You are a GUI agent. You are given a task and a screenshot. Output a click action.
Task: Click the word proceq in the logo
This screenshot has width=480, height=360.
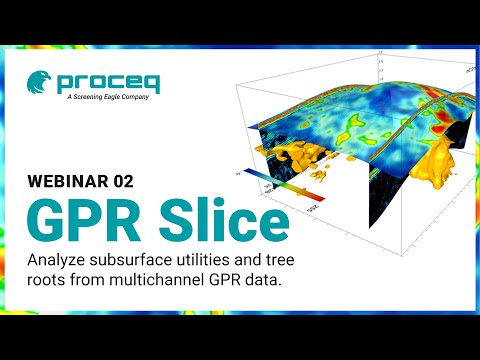pos(103,83)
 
